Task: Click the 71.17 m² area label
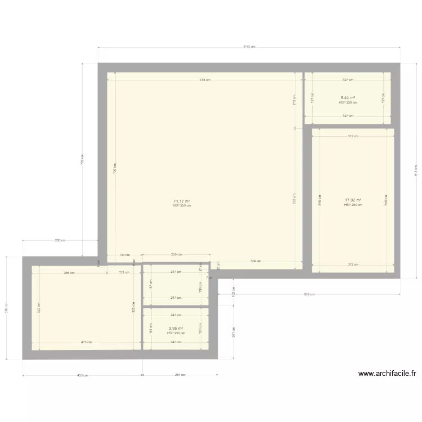click(181, 201)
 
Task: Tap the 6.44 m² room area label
click(348, 98)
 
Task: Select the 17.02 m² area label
click(353, 200)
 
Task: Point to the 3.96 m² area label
click(176, 329)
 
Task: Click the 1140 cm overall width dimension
click(249, 47)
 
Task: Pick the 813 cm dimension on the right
click(416, 170)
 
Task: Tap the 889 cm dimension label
click(309, 294)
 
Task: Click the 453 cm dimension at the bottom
click(82, 375)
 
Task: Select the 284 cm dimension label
click(180, 375)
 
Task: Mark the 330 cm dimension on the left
click(7, 308)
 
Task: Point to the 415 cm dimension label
click(86, 342)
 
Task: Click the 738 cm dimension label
click(205, 80)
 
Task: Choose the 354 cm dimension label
click(256, 262)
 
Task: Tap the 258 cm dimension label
click(176, 255)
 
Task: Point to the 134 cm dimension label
click(124, 255)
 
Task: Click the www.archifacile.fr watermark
click(387, 373)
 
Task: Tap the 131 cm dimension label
click(124, 272)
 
